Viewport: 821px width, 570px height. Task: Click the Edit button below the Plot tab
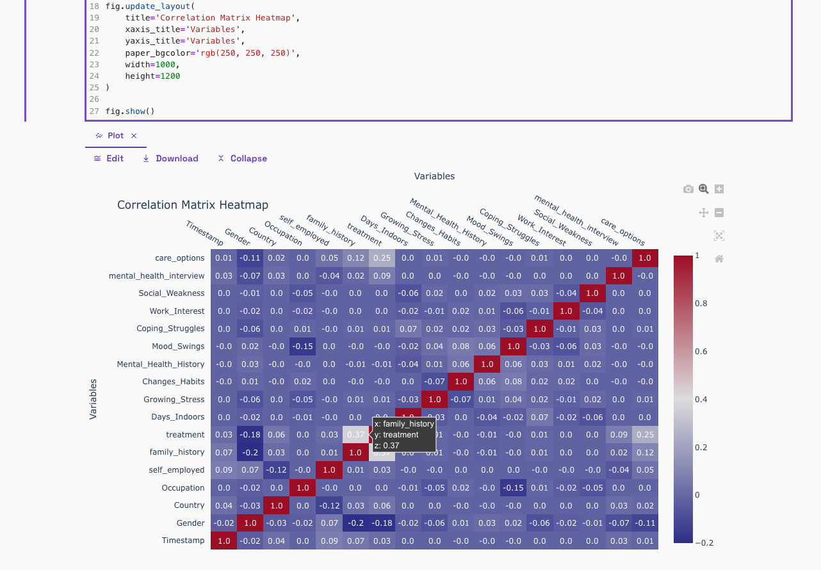(109, 158)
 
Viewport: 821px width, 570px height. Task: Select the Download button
(170, 158)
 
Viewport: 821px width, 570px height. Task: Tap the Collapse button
(242, 158)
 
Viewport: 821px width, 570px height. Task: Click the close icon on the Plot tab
(134, 136)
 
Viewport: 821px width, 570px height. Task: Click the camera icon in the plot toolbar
(688, 189)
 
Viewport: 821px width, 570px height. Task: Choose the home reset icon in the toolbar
(719, 259)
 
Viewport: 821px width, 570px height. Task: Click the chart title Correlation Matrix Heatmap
(193, 205)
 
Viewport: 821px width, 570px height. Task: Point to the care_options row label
(180, 258)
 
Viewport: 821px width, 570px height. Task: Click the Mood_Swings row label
(178, 346)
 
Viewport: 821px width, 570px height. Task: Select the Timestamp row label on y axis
(183, 541)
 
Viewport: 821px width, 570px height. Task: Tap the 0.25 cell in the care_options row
(381, 258)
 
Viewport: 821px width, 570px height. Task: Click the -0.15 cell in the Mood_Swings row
(302, 346)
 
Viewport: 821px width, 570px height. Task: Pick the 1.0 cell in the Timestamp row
(224, 541)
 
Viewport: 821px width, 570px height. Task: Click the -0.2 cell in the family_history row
(250, 452)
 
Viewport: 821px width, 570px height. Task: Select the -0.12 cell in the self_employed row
(276, 470)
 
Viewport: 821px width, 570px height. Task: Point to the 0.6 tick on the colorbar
(701, 352)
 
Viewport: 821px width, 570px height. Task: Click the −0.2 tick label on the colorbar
(705, 543)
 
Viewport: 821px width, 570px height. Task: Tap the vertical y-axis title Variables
(93, 399)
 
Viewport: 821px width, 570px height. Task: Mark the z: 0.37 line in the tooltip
(387, 446)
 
